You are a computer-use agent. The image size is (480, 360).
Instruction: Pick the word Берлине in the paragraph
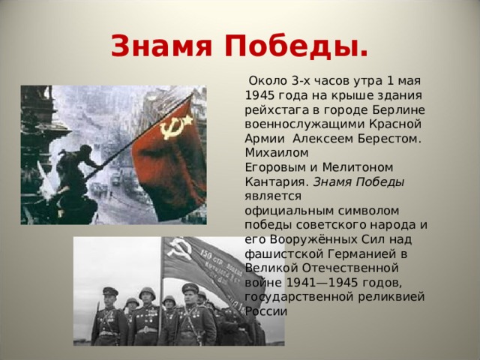coord(396,109)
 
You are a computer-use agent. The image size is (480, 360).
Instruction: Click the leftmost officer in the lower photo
coord(108,315)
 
